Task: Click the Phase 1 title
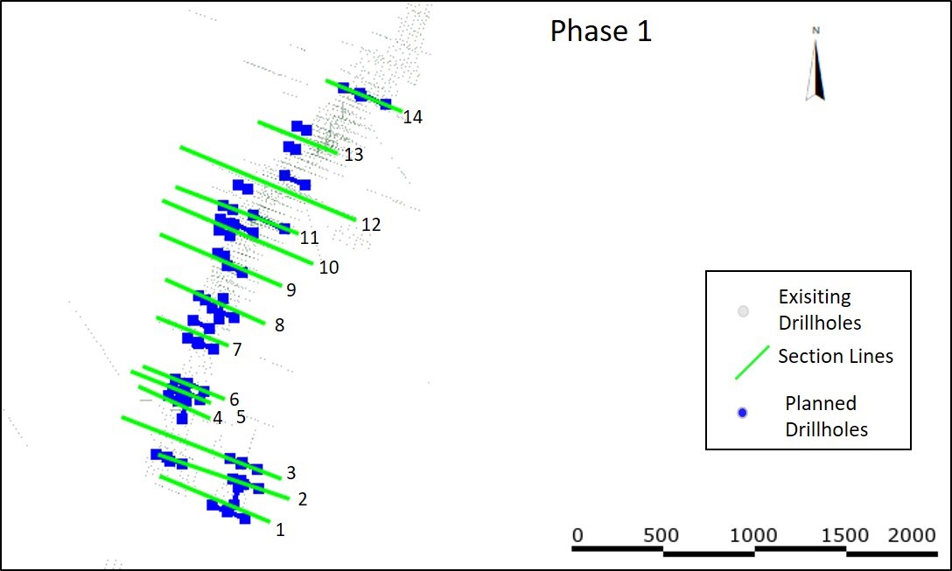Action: coord(600,31)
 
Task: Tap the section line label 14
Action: coord(413,117)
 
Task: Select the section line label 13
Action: coord(353,156)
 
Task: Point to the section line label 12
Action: coord(371,225)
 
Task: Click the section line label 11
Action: coord(309,238)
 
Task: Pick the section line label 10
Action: coord(328,268)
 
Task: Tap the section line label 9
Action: coord(290,289)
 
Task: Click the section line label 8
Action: coord(279,325)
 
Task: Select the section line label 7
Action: coord(237,350)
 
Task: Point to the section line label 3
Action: coord(291,473)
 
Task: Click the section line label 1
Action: coord(280,529)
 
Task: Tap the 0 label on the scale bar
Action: coord(577,535)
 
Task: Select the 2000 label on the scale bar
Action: coord(913,535)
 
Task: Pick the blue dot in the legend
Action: coord(743,413)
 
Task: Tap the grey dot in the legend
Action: coord(743,311)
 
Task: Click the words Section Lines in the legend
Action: coord(836,356)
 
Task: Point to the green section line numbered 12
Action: coord(267,183)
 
